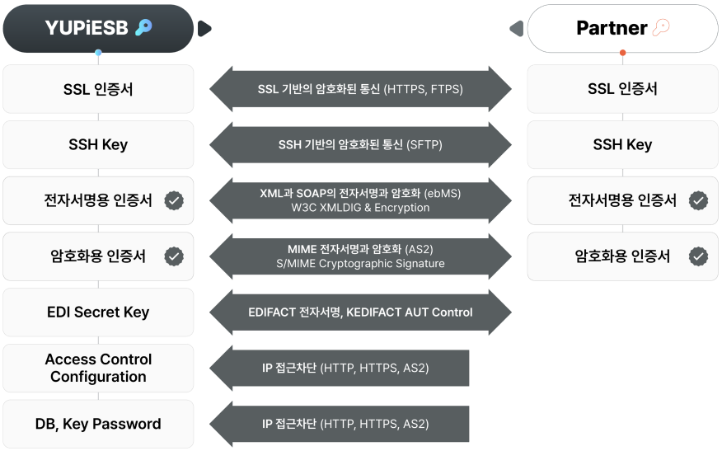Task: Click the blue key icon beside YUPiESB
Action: click(x=143, y=28)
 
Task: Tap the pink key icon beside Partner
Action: click(x=662, y=28)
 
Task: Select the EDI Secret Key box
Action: click(x=98, y=312)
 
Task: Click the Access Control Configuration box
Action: click(x=98, y=368)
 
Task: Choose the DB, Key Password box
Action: click(x=98, y=424)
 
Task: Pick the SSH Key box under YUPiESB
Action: click(x=98, y=144)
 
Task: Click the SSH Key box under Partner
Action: click(x=622, y=144)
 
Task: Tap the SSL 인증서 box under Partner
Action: click(x=622, y=89)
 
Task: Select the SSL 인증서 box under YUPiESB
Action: click(x=98, y=89)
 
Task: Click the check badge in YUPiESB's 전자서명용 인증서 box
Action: click(x=174, y=200)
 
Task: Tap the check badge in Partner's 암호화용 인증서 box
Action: click(x=698, y=256)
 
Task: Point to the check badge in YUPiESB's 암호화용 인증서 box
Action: click(x=174, y=256)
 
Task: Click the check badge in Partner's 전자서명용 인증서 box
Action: click(x=698, y=200)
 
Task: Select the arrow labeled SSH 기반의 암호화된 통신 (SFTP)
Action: click(x=360, y=145)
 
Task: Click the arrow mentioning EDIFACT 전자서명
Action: click(x=360, y=312)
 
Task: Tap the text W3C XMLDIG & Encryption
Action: click(x=360, y=208)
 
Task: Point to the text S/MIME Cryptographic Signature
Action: click(x=360, y=264)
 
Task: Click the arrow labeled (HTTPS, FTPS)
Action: click(x=360, y=89)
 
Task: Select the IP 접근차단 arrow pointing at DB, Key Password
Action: click(x=342, y=424)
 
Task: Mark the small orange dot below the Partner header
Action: click(x=622, y=54)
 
